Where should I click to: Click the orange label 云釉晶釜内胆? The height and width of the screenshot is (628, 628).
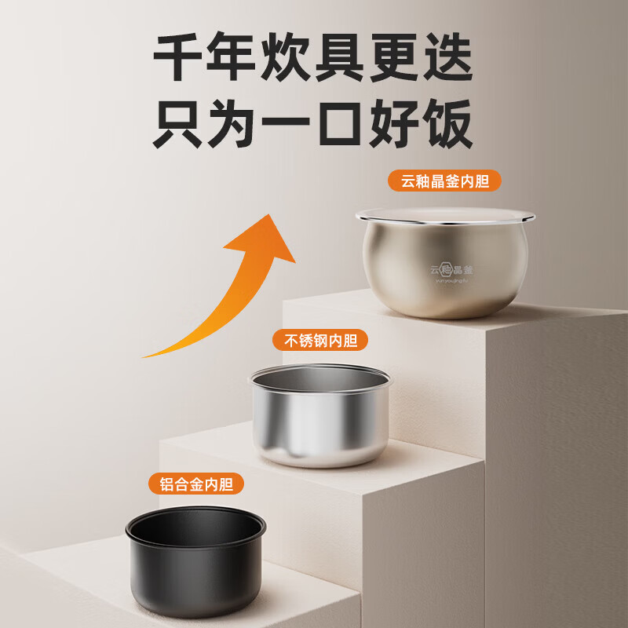444,182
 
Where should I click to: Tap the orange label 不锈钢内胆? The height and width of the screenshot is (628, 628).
320,341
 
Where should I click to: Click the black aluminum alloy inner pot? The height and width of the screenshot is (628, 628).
197,569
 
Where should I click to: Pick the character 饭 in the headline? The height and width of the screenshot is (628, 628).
446,123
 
